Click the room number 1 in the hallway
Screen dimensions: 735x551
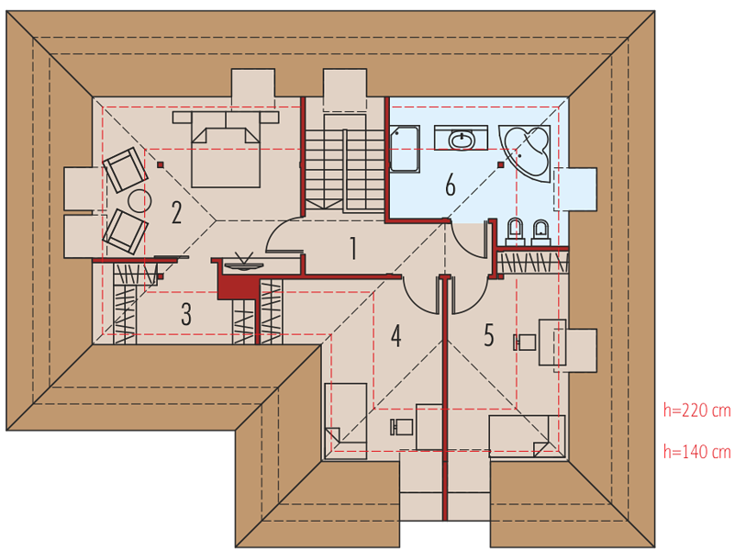click(353, 248)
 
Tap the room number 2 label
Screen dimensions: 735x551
click(177, 212)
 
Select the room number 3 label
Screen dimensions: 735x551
click(186, 314)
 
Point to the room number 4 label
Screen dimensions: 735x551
click(396, 336)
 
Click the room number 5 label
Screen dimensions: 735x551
click(489, 335)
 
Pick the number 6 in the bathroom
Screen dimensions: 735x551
click(450, 185)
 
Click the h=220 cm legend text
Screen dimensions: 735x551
click(697, 410)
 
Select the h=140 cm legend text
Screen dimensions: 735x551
click(697, 452)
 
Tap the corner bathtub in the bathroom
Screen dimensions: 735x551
click(526, 152)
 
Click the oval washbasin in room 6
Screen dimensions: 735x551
click(462, 140)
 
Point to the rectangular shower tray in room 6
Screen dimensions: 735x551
click(405, 149)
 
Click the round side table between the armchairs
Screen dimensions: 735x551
click(139, 201)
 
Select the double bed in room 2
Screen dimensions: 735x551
click(226, 149)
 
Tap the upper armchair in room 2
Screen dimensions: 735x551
click(125, 169)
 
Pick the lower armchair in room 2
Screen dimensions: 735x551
click(125, 231)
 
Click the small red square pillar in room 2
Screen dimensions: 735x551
click(161, 164)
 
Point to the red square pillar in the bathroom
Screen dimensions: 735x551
click(501, 164)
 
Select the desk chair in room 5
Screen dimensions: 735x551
click(525, 343)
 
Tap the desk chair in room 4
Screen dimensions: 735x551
click(402, 427)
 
